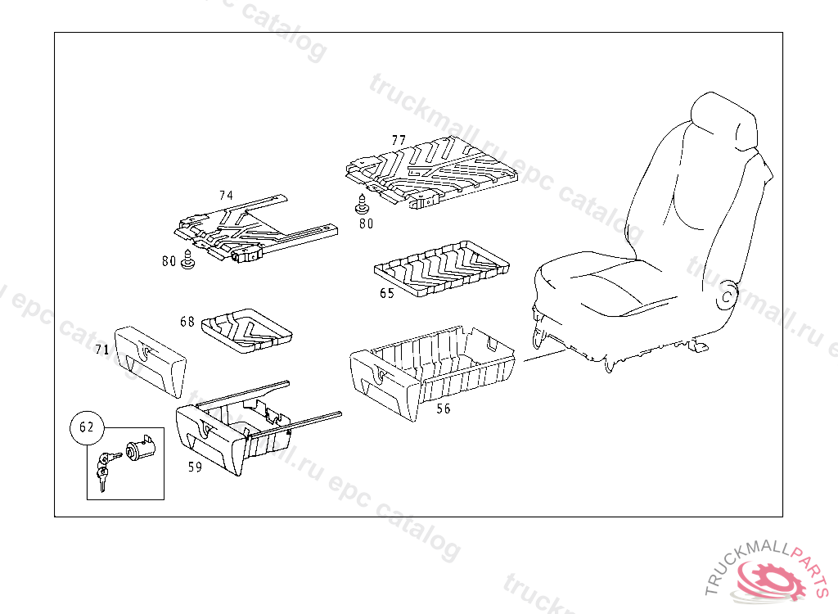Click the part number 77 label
[399, 141]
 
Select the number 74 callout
[226, 196]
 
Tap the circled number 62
[87, 427]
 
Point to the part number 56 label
[443, 409]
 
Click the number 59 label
[195, 467]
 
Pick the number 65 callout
[387, 293]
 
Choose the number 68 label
[187, 322]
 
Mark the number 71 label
[102, 350]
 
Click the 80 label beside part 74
[169, 262]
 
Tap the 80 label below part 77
[366, 222]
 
